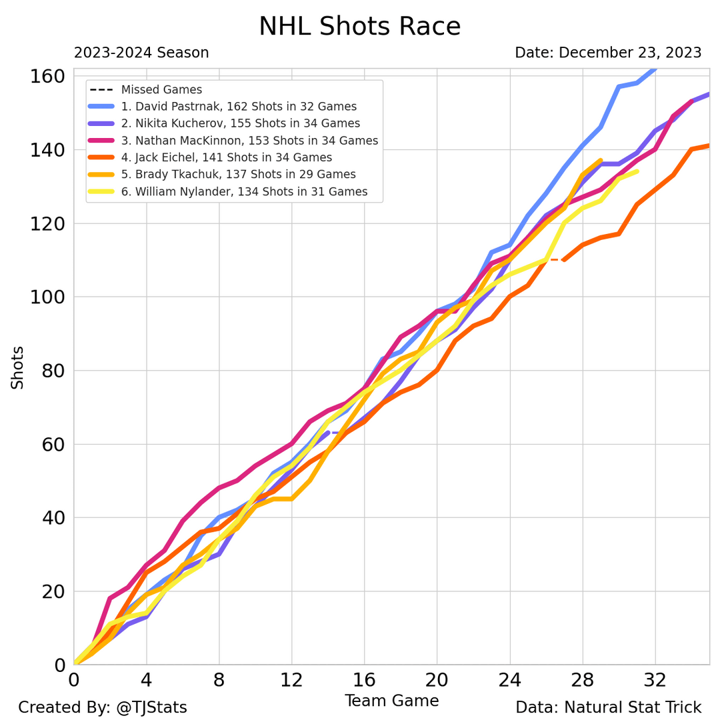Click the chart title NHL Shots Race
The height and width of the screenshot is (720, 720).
[x=359, y=27]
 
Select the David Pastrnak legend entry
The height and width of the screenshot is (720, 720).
[x=239, y=107]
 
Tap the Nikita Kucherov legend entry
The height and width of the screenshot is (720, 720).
[x=240, y=123]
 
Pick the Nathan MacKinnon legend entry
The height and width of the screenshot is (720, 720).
[x=249, y=141]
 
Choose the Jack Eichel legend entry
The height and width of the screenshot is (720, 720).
[x=226, y=157]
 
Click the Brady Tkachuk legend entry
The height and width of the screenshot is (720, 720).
[x=238, y=175]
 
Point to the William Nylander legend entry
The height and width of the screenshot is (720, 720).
[x=244, y=192]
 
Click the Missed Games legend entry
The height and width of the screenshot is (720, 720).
[x=161, y=89]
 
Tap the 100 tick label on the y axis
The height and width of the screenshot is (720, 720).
[x=47, y=297]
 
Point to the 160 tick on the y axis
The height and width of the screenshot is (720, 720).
[x=47, y=76]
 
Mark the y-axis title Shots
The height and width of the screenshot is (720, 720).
[x=17, y=367]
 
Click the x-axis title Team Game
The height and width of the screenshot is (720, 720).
[x=391, y=701]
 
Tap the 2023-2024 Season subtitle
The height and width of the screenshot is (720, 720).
[x=141, y=53]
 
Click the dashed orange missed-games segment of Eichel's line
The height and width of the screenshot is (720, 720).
[x=555, y=259]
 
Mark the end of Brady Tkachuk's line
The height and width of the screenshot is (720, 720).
[x=601, y=160]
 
